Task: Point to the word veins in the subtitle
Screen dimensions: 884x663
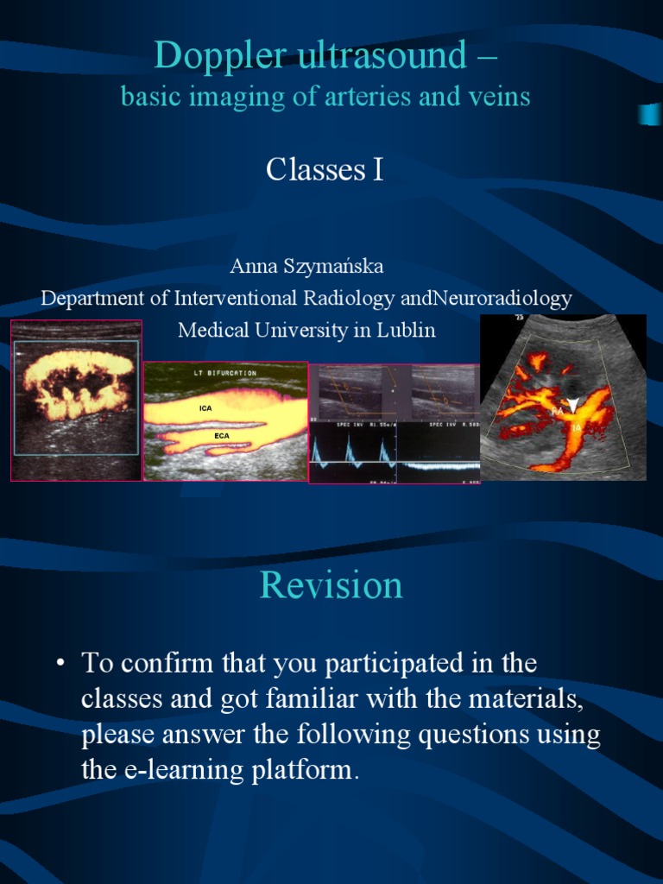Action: point(500,98)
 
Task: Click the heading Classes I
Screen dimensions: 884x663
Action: point(325,170)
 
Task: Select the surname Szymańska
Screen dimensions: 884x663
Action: point(333,267)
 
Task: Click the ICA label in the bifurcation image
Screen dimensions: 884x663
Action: point(205,407)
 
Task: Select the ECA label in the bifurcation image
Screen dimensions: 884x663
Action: point(222,436)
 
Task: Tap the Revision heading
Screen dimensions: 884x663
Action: point(331,585)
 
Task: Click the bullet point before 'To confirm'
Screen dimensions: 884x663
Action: point(60,664)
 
